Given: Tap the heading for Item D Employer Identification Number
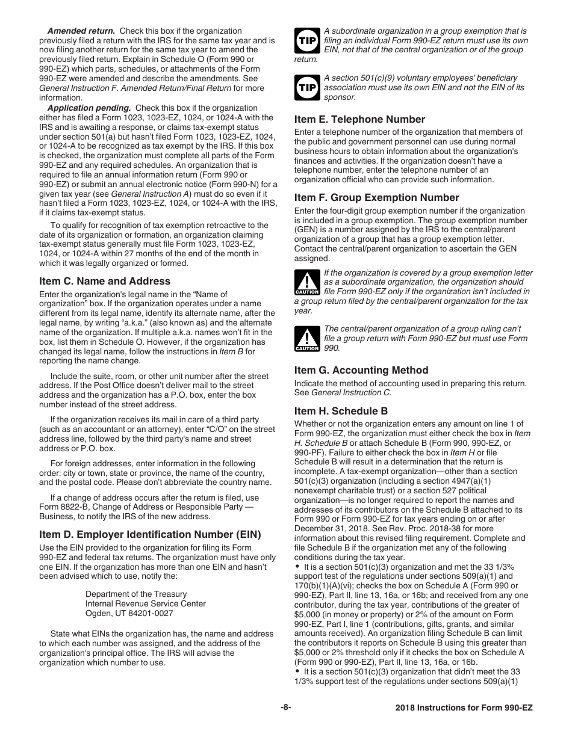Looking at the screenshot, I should [x=150, y=534].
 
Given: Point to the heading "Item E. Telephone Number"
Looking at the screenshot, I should [x=359, y=119].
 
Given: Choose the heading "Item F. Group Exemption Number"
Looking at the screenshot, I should [x=376, y=197].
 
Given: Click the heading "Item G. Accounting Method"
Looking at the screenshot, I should [x=361, y=370].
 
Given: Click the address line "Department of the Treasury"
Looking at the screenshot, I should [x=136, y=594].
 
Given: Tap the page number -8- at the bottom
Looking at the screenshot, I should [x=286, y=708].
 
